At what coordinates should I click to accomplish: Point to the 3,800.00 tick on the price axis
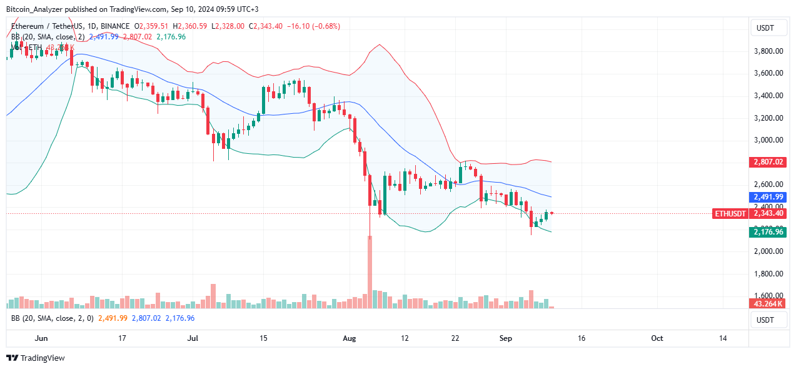click(x=769, y=51)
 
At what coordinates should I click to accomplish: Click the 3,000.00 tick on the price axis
click(x=769, y=140)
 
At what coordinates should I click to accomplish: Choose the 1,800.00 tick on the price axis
click(x=769, y=274)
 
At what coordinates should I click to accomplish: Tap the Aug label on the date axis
click(x=350, y=338)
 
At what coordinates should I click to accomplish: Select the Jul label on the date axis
click(x=193, y=338)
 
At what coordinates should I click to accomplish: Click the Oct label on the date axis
click(x=657, y=338)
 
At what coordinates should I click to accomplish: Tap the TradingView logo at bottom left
click(x=36, y=358)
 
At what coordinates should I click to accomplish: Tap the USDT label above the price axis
click(x=765, y=28)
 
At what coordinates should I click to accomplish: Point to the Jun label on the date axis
click(x=42, y=338)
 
